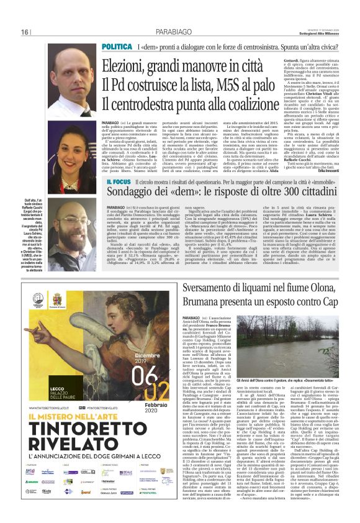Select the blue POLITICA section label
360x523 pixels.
(x=116, y=47)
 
